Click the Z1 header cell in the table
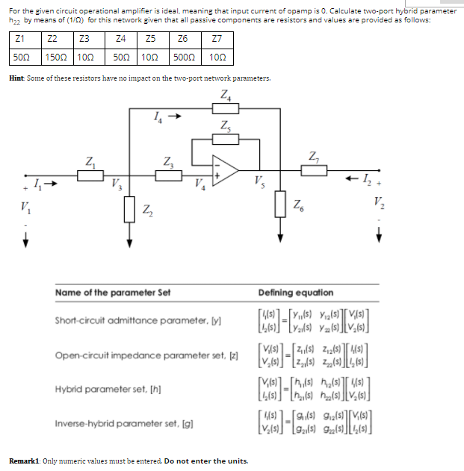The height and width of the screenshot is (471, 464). [x=21, y=40]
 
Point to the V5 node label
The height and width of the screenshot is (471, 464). [x=259, y=179]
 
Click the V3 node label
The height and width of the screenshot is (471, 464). [x=115, y=184]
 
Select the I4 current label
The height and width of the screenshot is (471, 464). [x=155, y=116]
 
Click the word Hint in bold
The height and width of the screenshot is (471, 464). [x=18, y=78]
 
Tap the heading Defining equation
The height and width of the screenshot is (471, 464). [x=296, y=293]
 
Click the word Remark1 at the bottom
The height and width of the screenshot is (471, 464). [x=26, y=460]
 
